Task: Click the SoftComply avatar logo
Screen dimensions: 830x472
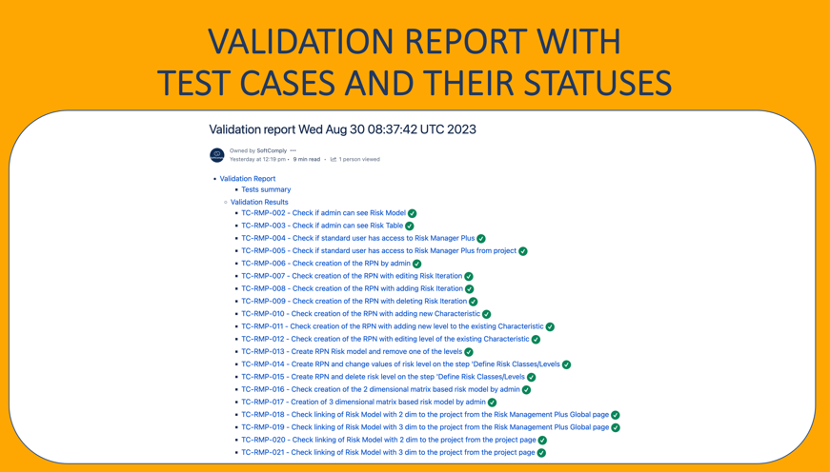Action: click(217, 155)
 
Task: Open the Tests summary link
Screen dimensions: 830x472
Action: click(266, 189)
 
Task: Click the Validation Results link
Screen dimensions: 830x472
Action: click(259, 202)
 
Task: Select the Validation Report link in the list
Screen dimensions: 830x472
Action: click(248, 179)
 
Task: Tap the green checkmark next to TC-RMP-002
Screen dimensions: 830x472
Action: click(413, 213)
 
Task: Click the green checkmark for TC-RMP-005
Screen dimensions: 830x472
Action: click(523, 251)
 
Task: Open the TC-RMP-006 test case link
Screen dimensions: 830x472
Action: click(326, 264)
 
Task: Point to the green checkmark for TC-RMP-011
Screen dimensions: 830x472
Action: click(550, 326)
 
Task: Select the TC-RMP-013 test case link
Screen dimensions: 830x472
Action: click(352, 351)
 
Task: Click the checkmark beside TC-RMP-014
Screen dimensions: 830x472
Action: click(566, 364)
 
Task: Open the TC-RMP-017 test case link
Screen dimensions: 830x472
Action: click(364, 402)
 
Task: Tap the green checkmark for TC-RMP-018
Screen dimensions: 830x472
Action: click(615, 415)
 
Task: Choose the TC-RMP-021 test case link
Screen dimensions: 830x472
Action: click(388, 452)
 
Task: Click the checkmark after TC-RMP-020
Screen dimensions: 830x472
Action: click(542, 441)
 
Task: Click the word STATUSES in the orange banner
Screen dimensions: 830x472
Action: click(598, 83)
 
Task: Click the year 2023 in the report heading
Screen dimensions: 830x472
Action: click(462, 129)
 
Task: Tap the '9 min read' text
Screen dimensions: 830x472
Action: click(307, 159)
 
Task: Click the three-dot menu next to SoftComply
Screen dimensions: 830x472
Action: click(293, 150)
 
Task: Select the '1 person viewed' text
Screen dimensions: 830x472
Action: click(359, 159)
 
